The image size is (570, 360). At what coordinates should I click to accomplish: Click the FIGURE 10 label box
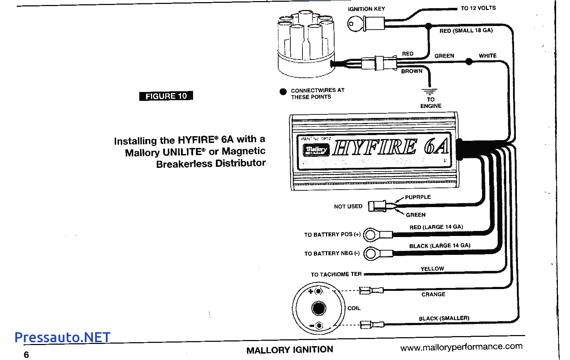(166, 96)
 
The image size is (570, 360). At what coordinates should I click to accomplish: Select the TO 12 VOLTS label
(478, 8)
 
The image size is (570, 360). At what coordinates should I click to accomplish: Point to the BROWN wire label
(411, 71)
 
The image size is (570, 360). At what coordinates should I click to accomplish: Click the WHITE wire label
(487, 56)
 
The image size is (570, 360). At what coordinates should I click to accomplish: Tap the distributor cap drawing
(306, 43)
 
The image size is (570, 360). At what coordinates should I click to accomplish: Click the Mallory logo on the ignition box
(316, 150)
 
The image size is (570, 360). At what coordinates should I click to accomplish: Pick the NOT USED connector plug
(377, 206)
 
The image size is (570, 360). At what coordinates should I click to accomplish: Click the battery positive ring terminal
(371, 235)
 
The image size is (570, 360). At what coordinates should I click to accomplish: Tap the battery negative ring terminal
(371, 253)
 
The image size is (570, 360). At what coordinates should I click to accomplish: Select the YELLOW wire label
(432, 269)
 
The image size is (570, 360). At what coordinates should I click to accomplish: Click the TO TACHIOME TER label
(336, 274)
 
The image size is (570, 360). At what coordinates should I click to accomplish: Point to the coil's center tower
(318, 308)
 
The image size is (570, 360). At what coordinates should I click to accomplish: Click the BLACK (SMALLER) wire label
(444, 318)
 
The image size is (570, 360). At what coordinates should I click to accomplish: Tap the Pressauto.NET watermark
(62, 337)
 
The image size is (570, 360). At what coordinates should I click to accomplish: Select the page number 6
(26, 354)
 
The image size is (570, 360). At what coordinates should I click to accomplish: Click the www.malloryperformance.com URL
(461, 347)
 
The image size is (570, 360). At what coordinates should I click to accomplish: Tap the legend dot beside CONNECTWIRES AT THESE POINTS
(283, 92)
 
